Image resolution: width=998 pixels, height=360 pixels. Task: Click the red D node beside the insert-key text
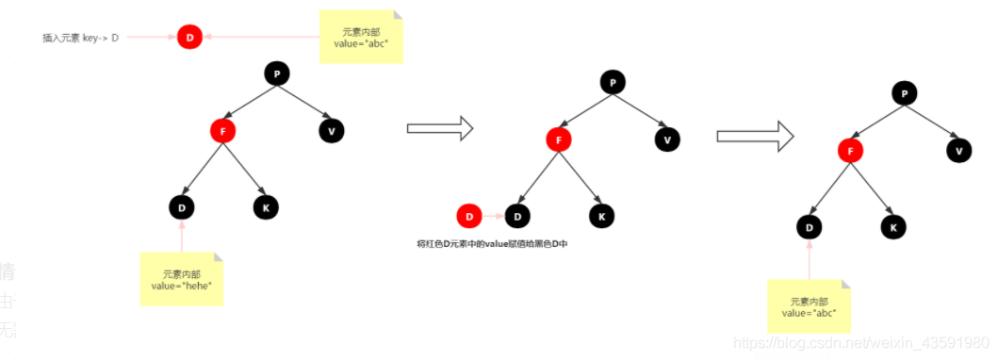[x=189, y=38]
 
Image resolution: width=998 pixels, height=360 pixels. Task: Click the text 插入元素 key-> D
[x=80, y=38]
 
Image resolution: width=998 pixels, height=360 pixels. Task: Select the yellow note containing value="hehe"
[x=182, y=279]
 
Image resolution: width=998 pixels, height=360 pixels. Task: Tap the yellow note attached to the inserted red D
[x=361, y=37]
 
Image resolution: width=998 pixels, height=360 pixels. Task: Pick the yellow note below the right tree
[x=810, y=306]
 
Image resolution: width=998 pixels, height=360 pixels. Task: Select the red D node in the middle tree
[x=469, y=217]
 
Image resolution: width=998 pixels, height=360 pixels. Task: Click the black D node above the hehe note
[x=182, y=206]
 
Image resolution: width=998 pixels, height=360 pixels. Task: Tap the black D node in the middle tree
[x=517, y=217]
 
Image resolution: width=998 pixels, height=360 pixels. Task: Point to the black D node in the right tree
[x=810, y=226]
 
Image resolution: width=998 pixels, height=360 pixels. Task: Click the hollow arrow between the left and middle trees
[x=438, y=129]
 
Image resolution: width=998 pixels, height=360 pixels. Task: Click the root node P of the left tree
[x=276, y=74]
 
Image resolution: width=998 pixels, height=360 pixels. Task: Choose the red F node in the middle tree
[x=559, y=140]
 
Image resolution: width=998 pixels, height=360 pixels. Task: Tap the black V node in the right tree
[x=958, y=150]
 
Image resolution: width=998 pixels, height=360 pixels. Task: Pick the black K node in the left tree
[x=266, y=206]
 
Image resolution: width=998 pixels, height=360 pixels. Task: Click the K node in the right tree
[x=893, y=226]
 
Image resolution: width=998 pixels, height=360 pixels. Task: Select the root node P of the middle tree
[x=613, y=83]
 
